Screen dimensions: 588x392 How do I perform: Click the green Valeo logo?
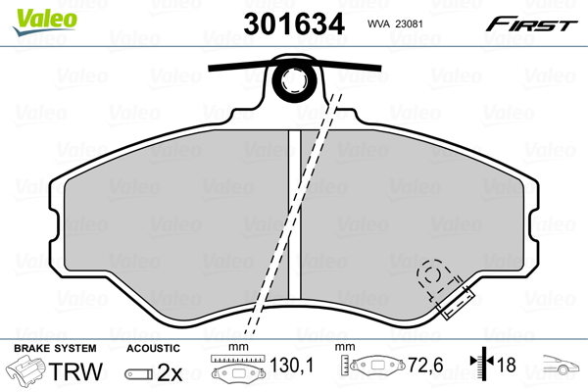tap(45, 22)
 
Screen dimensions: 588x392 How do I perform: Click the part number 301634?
tap(294, 24)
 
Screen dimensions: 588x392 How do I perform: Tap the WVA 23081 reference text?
tap(395, 24)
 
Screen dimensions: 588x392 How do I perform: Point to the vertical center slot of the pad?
tap(295, 215)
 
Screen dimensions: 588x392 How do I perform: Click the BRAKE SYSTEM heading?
tap(55, 348)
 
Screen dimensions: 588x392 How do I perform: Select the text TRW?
tap(75, 371)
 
